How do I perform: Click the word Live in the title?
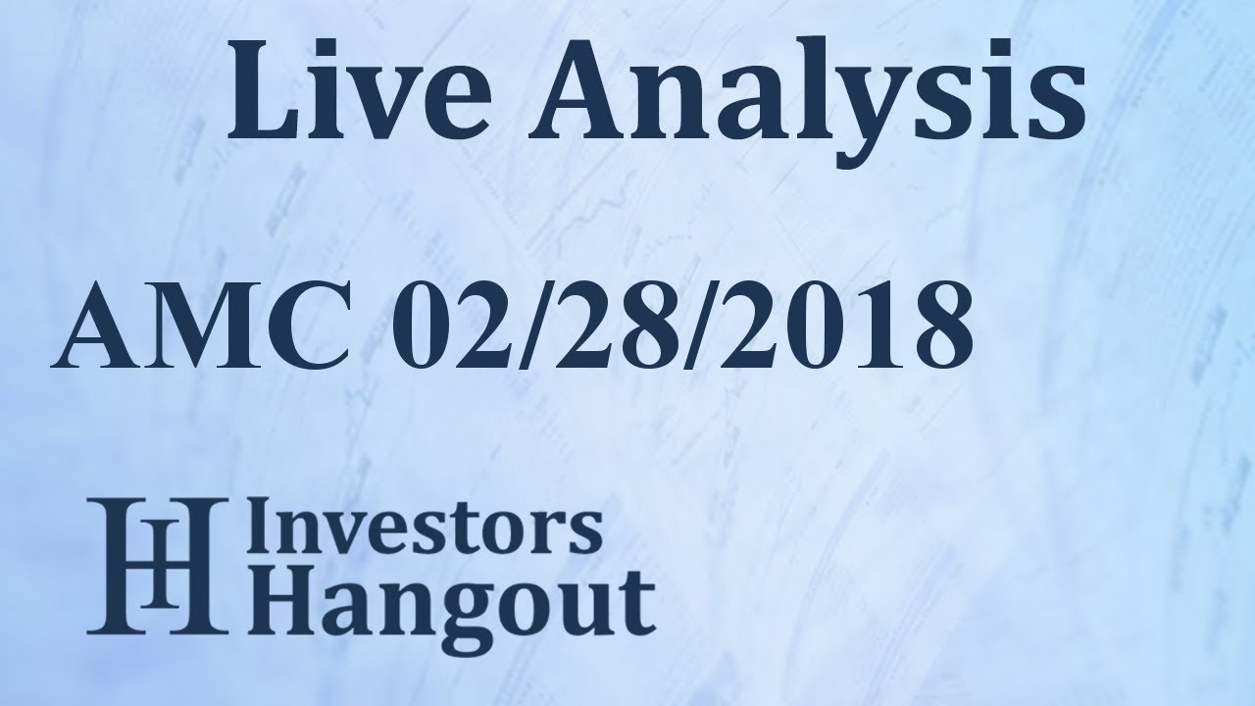[359, 89]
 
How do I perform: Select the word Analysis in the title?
[807, 101]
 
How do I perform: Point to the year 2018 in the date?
[846, 326]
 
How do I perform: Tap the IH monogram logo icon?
[158, 566]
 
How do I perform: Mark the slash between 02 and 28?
[533, 326]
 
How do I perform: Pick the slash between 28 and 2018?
[698, 326]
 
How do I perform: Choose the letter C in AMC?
[305, 326]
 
